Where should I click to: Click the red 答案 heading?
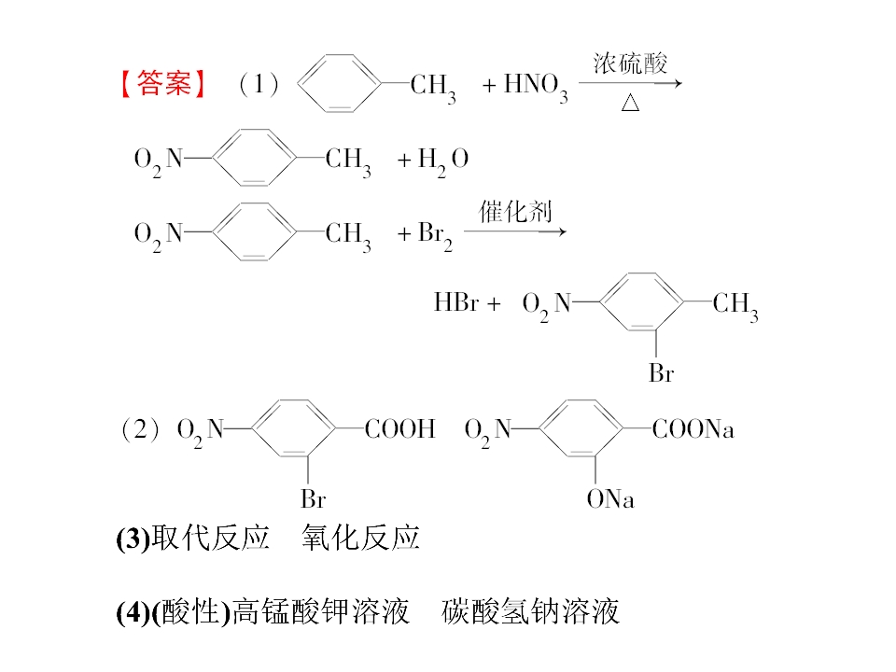click(x=164, y=83)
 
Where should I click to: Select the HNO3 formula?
click(x=536, y=87)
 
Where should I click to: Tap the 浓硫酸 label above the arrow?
click(x=630, y=63)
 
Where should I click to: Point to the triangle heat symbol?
click(x=630, y=103)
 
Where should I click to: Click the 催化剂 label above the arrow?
click(x=515, y=212)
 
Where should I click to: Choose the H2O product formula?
click(x=442, y=161)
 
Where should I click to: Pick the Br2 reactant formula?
click(x=435, y=235)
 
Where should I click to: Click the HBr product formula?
click(x=456, y=302)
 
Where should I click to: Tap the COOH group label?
click(x=400, y=428)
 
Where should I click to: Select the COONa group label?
click(x=693, y=428)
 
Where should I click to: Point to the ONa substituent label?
click(x=610, y=498)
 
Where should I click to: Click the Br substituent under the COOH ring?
click(x=314, y=498)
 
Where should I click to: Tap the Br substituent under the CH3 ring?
click(x=661, y=373)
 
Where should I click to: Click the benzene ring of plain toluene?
click(x=339, y=83)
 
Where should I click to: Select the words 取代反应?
click(x=210, y=538)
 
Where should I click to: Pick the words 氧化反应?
click(x=360, y=538)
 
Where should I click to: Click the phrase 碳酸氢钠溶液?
click(x=530, y=610)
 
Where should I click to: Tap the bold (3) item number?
click(x=133, y=539)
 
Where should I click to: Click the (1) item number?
click(x=259, y=84)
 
